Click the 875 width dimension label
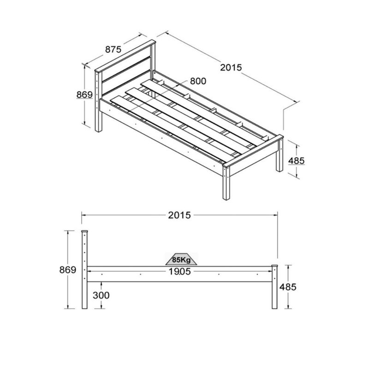coord(113,49)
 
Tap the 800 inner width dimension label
coord(198,81)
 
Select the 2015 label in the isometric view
coord(231,67)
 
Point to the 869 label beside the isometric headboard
coord(84,95)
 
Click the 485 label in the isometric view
coord(296,161)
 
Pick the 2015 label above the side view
coord(179,215)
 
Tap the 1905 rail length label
coord(179,272)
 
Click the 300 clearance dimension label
coord(101,295)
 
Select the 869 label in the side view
coord(68,270)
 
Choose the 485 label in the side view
coord(288,287)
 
